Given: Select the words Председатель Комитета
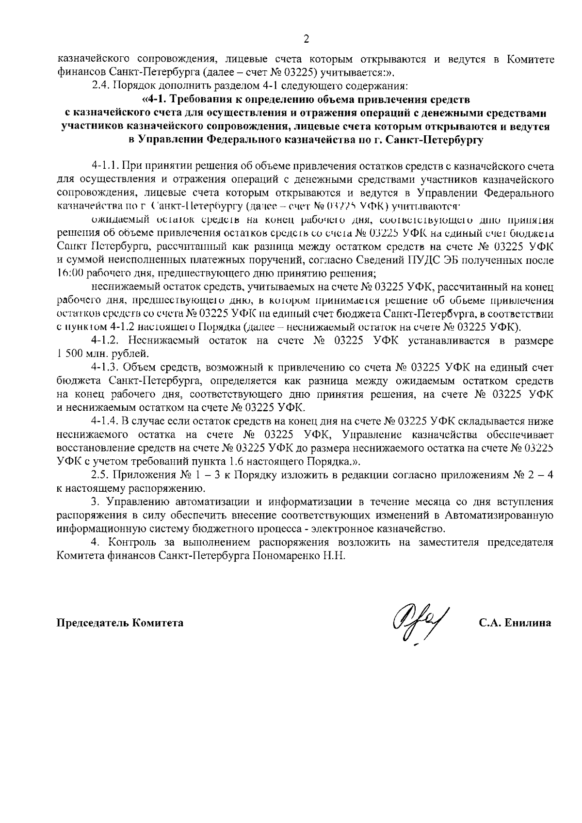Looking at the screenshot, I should click(120, 623).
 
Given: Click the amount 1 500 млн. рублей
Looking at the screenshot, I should click(102, 354).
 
